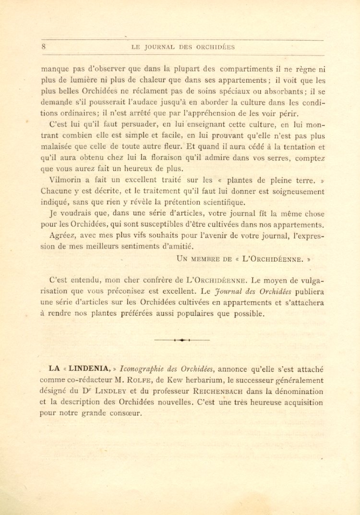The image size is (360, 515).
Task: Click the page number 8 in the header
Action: coord(44,47)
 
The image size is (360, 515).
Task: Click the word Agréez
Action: coord(63,235)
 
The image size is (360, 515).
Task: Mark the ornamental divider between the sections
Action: coord(182,340)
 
